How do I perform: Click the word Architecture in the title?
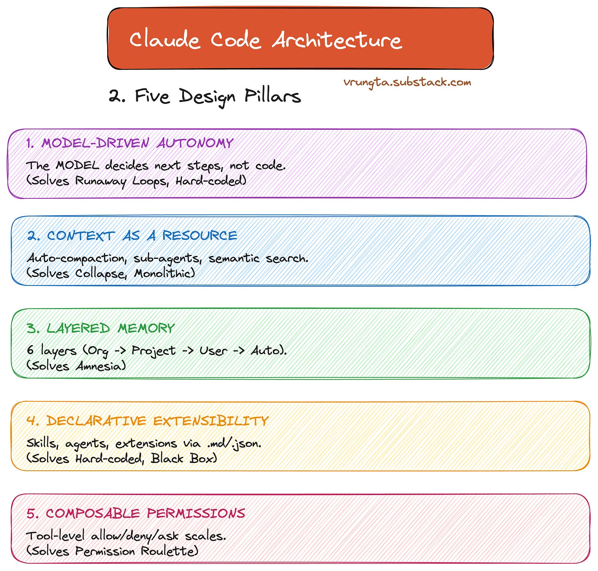coord(337,40)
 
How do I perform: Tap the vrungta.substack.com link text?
coord(407,82)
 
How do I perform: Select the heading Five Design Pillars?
coord(218,97)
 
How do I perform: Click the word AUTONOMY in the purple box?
coord(195,143)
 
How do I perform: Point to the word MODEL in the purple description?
coord(78,165)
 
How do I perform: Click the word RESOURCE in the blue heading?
coord(200,235)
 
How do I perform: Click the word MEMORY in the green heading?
coord(146,328)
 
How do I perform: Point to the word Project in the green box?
coord(153,351)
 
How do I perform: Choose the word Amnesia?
coord(101,366)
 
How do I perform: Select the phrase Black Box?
coord(183,458)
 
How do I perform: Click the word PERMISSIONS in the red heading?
coord(195,513)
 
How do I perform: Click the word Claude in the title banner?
coord(164,40)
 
